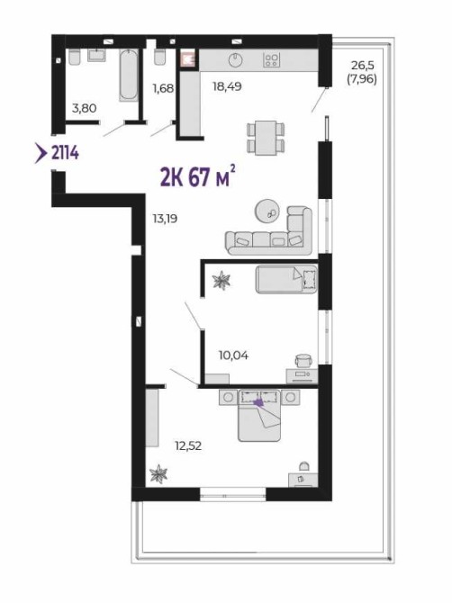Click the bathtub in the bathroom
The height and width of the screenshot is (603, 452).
[x=129, y=75]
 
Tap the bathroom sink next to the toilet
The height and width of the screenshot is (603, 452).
[x=96, y=55]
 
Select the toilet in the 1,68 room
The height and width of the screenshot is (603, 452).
[x=159, y=56]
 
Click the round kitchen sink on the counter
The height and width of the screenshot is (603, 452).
[x=235, y=59]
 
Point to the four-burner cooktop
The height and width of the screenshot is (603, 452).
[x=272, y=59]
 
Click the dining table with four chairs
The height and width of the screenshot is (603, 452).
[x=266, y=138]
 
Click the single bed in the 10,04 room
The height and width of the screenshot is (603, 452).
[x=286, y=279]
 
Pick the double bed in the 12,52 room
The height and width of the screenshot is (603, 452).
[x=259, y=415]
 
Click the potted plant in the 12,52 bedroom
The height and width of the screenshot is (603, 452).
[x=158, y=473]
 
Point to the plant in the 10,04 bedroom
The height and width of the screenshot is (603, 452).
[x=221, y=280]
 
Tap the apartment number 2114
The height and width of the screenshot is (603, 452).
[x=65, y=153]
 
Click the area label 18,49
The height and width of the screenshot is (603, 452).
[x=227, y=86]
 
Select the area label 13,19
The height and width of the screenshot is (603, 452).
[x=165, y=219]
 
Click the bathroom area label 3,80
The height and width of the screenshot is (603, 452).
[x=85, y=108]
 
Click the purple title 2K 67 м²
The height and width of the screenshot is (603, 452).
[x=198, y=176]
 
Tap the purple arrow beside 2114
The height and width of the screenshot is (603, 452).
[x=40, y=153]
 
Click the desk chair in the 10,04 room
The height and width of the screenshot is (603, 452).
[x=303, y=360]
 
